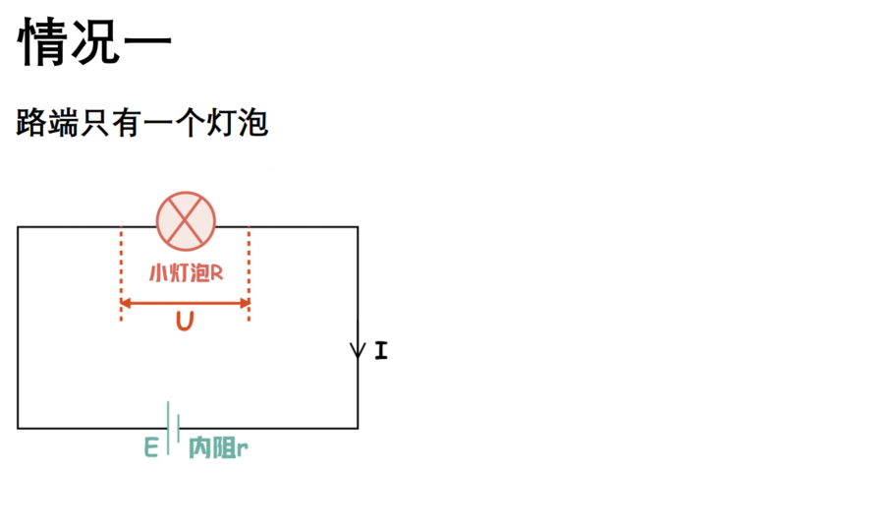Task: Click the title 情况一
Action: point(94,41)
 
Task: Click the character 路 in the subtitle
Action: point(31,123)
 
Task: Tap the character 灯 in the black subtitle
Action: point(221,123)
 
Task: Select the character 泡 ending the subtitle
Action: point(253,123)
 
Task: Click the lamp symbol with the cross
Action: point(186,221)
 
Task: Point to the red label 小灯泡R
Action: point(186,273)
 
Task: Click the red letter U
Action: point(185,322)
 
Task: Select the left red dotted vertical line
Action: point(121,274)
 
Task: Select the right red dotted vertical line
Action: point(250,274)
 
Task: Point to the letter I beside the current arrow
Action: point(381,350)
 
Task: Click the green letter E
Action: point(150,447)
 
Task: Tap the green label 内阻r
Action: point(218,448)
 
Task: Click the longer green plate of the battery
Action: point(168,429)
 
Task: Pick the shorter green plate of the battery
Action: point(179,429)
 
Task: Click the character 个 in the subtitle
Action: point(190,123)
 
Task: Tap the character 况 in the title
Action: point(94,41)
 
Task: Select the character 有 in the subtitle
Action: point(127,123)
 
